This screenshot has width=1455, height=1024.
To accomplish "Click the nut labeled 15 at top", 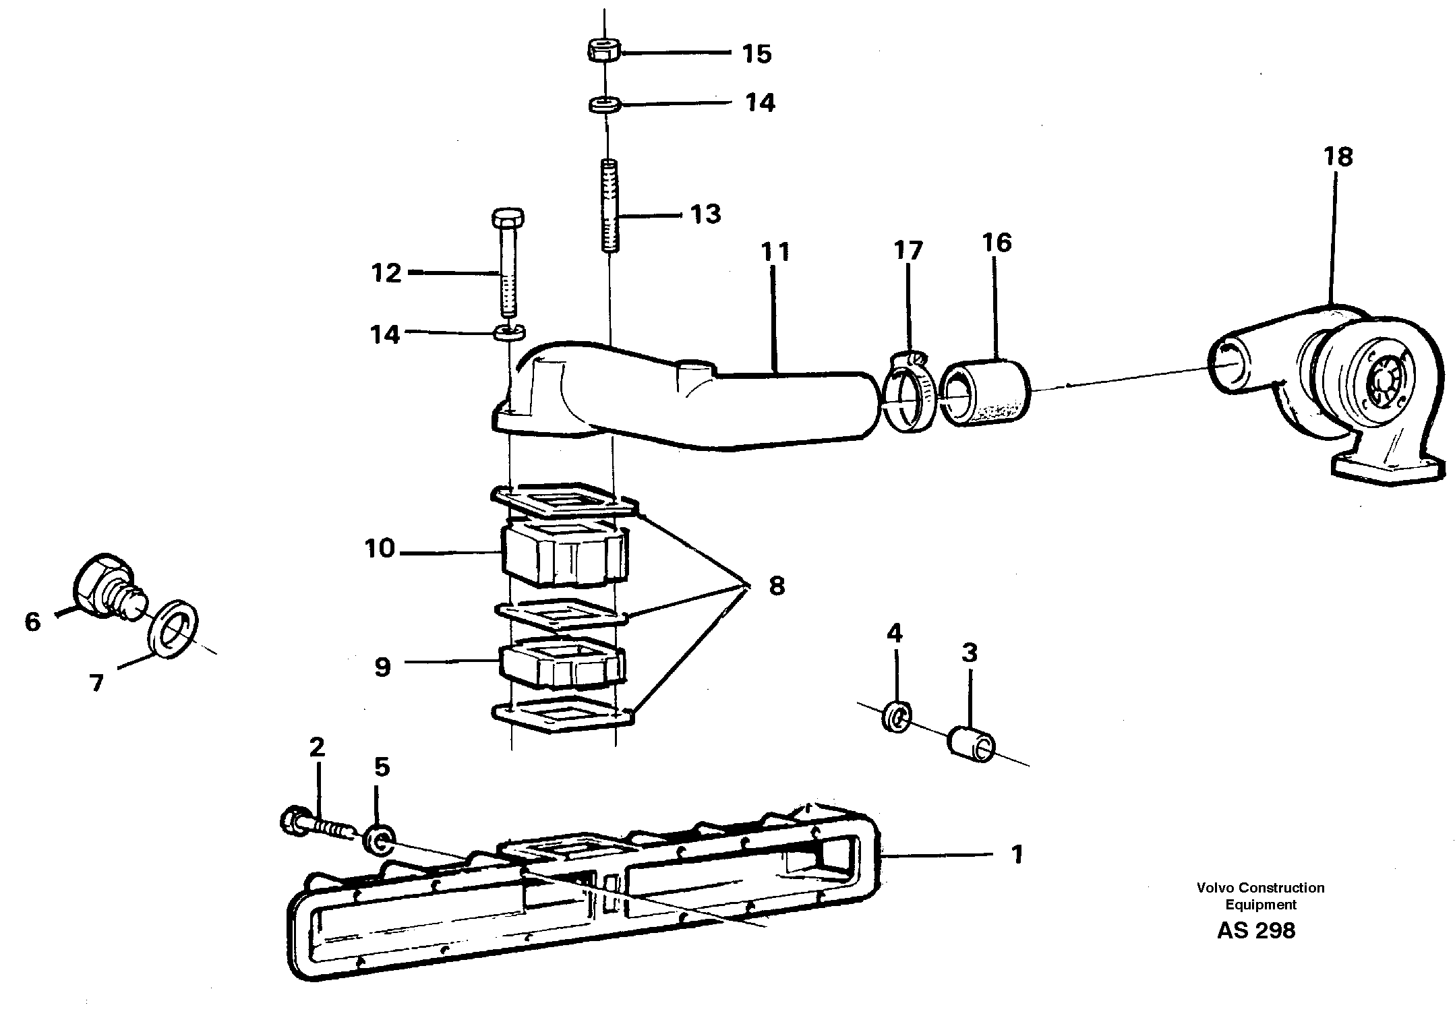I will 604,50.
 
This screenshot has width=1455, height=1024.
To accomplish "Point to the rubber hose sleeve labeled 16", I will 986,395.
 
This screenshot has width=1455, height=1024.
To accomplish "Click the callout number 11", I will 775,252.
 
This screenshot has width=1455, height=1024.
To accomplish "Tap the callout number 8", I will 777,586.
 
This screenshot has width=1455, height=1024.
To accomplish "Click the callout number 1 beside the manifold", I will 1017,855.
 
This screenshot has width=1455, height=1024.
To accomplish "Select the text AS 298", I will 1256,931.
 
